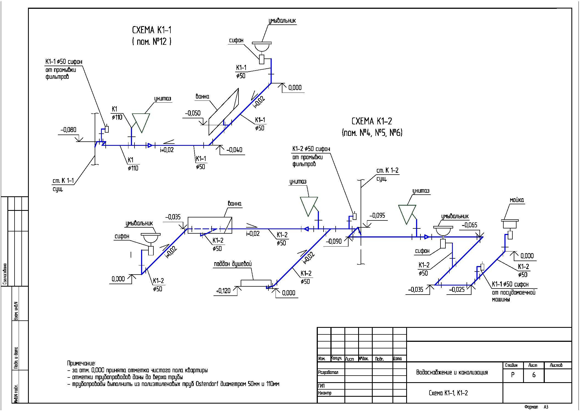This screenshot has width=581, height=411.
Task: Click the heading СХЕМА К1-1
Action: click(x=152, y=30)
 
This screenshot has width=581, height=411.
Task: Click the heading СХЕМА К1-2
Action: click(x=372, y=121)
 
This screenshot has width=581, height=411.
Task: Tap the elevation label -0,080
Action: click(x=68, y=130)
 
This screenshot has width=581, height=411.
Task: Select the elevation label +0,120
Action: click(x=223, y=291)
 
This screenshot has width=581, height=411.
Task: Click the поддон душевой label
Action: click(x=233, y=264)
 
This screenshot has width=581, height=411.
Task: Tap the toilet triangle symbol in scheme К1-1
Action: click(x=141, y=122)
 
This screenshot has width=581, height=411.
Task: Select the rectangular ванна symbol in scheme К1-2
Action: click(x=210, y=225)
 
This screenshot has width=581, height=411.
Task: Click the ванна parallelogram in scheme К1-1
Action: click(x=223, y=112)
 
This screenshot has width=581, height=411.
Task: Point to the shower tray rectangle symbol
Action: click(x=256, y=283)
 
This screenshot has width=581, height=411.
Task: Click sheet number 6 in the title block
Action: click(x=534, y=375)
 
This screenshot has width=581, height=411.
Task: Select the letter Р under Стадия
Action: click(x=513, y=375)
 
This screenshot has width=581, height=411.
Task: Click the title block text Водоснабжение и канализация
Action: click(x=452, y=372)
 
